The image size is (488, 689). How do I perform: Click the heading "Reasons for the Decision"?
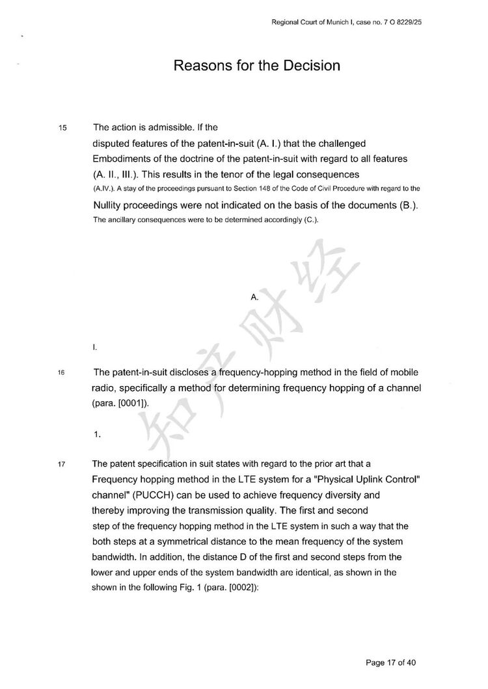coord(257,66)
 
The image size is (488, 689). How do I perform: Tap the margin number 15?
coord(62,127)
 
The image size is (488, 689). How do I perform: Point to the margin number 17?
coord(62,465)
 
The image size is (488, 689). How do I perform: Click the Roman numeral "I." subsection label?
coord(96,348)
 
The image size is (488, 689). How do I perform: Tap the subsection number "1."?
coord(96,435)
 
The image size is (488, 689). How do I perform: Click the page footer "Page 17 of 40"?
coord(391,663)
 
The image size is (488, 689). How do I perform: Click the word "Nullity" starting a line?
coord(111,206)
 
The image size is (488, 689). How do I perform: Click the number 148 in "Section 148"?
coord(273,188)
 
